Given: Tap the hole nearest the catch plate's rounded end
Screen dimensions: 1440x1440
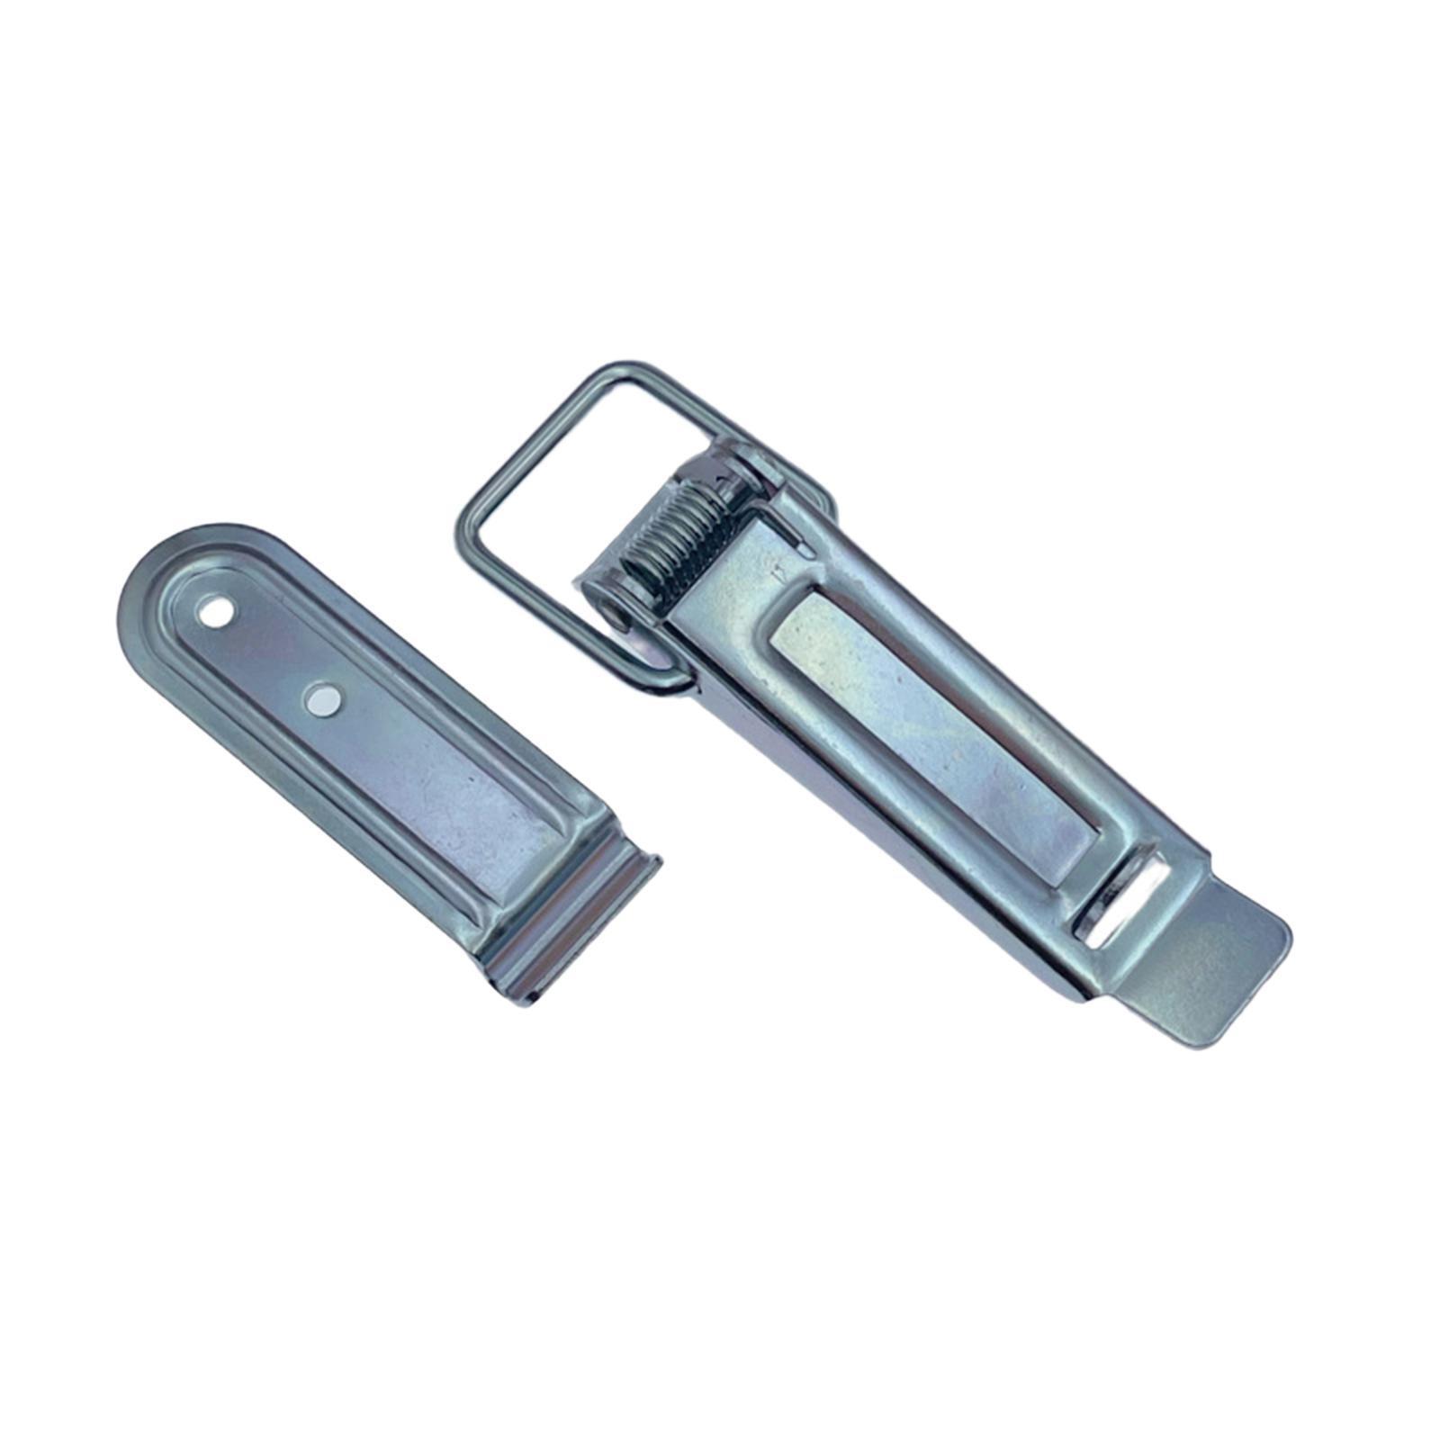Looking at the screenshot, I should click(216, 615).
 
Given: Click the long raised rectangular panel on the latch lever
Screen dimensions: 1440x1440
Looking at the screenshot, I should click(936, 738).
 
